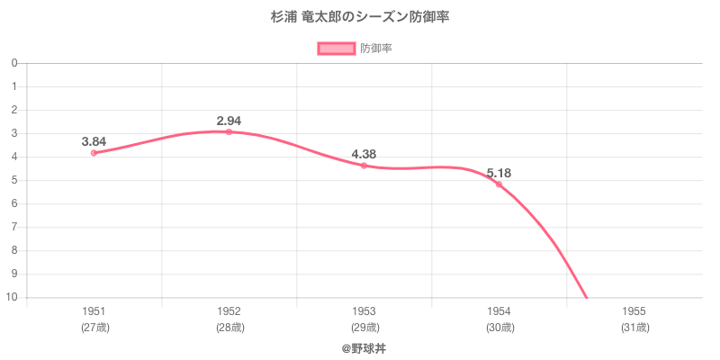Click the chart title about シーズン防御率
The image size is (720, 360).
[x=360, y=17]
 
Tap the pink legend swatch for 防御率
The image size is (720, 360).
[x=337, y=49]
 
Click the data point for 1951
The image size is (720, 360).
[x=94, y=153]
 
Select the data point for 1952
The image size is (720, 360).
[x=229, y=132]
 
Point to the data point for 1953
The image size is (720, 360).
[x=364, y=166]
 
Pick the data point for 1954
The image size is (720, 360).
[x=499, y=184]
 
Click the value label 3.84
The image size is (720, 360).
[x=94, y=141]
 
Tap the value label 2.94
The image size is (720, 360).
[x=229, y=121]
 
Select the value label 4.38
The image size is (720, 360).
[x=364, y=154]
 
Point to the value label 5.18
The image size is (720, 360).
[x=499, y=173]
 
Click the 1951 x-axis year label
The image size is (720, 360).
[x=94, y=311]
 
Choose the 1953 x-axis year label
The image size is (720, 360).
[x=364, y=311]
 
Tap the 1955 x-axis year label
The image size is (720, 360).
[x=634, y=311]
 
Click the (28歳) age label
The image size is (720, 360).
[x=229, y=328]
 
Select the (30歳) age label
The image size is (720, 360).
[x=499, y=328]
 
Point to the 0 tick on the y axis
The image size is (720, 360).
[x=14, y=63]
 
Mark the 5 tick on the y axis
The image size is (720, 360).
[x=14, y=180]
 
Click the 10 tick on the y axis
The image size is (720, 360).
[x=13, y=297]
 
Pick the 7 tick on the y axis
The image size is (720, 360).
[x=14, y=227]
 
